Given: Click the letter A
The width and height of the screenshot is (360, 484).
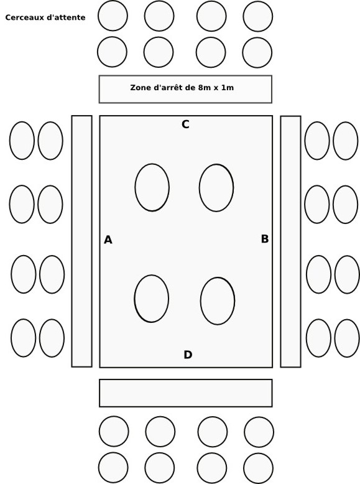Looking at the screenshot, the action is pos(108,240).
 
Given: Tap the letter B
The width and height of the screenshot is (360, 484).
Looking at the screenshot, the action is pos(265,239).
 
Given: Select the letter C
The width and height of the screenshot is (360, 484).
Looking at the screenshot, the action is pos(185,124).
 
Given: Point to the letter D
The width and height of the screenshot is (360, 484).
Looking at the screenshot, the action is pos(188,355).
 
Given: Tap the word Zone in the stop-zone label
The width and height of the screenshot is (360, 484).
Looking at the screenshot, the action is pos(139,88).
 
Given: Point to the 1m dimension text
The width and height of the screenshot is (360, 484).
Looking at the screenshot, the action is pos(228,88).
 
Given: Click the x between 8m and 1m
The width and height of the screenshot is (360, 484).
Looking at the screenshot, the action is pos(215,88).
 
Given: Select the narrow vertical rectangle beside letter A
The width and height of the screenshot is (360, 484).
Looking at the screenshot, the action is pos(81,241).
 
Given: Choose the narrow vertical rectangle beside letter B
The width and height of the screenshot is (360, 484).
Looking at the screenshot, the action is pos(290,242).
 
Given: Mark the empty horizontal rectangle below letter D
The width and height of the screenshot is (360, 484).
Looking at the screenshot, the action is pos(186,393).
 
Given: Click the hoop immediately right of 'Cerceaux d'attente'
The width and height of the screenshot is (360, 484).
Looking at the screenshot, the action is pos(113,16).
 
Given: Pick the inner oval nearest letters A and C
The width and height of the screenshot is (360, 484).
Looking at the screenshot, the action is pos(152,187).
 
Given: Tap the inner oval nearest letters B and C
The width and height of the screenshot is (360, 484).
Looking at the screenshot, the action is pos(216,188).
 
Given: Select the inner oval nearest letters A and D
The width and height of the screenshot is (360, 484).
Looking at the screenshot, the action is pos(152,299).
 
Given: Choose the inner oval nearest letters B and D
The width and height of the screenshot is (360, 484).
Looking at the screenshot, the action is pos(218,301).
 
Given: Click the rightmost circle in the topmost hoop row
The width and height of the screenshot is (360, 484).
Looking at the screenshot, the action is pos(258,16).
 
